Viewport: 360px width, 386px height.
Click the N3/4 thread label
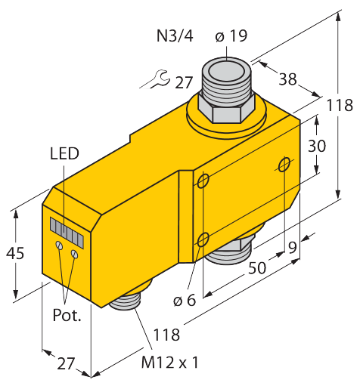click(175, 36)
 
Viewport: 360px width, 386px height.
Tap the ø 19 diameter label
click(231, 36)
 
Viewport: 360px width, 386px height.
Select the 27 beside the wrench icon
click(184, 82)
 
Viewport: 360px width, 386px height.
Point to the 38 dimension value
click(287, 79)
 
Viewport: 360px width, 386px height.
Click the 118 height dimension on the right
click(340, 105)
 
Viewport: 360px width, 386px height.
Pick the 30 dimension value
click(317, 146)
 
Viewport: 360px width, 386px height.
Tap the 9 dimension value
click(293, 248)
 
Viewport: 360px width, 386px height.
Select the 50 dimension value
click(257, 267)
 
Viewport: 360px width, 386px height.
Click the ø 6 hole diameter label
click(185, 300)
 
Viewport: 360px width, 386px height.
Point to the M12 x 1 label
click(170, 363)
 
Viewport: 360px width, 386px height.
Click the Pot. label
click(67, 315)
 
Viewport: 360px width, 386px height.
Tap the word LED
click(64, 153)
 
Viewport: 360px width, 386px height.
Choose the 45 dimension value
click(15, 253)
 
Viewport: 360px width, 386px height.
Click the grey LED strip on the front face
click(67, 232)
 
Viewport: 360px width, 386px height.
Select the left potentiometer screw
click(60, 245)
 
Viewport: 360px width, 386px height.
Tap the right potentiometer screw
click(74, 254)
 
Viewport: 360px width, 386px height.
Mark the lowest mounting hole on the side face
click(203, 239)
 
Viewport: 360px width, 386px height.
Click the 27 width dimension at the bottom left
click(66, 363)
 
